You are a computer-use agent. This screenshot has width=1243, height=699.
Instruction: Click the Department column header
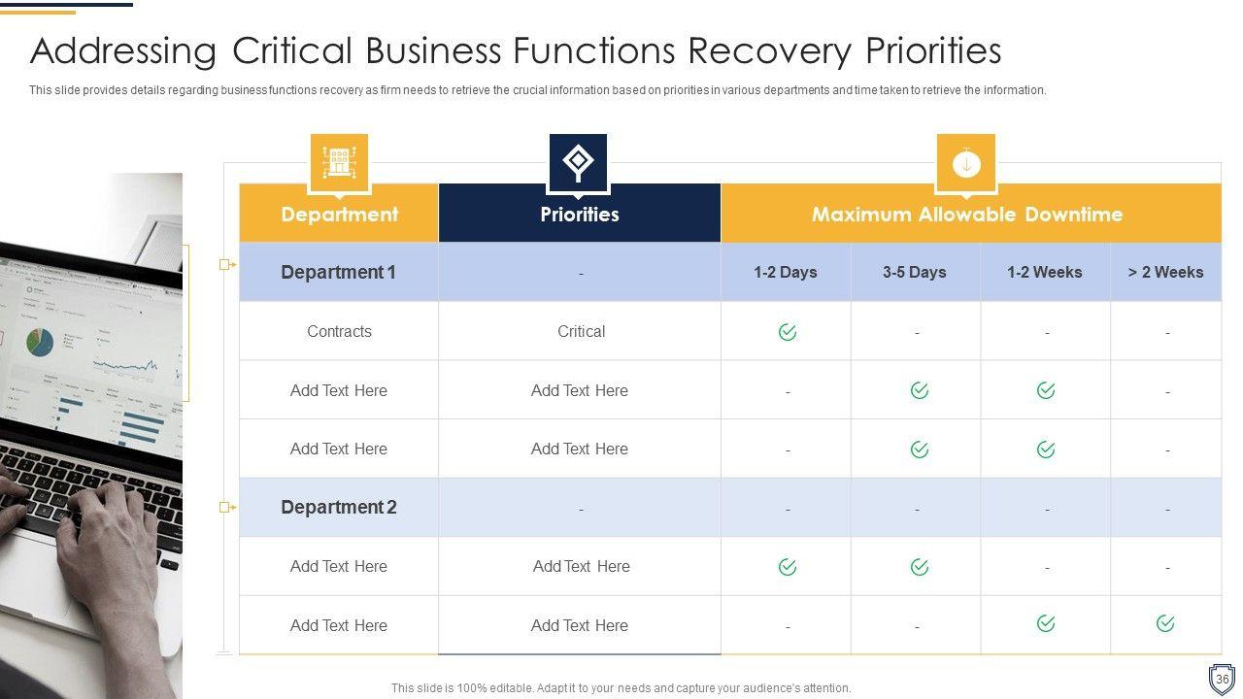[x=339, y=214]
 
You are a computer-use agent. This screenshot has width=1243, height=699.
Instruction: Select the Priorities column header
[x=580, y=214]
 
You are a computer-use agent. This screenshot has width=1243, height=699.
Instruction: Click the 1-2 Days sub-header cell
[x=786, y=272]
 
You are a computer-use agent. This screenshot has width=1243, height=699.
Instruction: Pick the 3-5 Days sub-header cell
[x=915, y=272]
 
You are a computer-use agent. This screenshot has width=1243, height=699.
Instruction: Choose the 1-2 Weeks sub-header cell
[x=1045, y=272]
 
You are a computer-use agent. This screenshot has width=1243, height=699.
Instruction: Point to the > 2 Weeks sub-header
[x=1165, y=272]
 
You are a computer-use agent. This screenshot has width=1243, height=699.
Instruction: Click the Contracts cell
[x=339, y=331]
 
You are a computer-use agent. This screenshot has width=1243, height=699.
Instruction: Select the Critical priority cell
[x=581, y=331]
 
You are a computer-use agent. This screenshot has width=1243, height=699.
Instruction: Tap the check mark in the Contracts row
[x=788, y=332]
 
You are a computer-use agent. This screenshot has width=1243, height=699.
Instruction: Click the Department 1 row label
[x=339, y=272]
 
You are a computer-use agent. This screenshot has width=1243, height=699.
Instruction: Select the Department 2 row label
[x=339, y=507]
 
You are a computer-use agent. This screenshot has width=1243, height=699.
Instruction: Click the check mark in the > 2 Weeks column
[x=1165, y=623]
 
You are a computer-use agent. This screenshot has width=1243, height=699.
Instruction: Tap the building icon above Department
[x=339, y=162]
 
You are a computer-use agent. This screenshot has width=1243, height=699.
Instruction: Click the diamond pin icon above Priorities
[x=578, y=162]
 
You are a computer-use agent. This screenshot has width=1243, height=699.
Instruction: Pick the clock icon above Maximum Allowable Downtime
[x=966, y=163]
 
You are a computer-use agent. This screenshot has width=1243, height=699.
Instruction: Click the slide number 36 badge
[x=1222, y=679]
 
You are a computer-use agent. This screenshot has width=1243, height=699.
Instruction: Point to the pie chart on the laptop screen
[x=40, y=343]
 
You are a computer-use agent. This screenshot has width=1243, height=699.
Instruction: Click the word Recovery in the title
[x=770, y=51]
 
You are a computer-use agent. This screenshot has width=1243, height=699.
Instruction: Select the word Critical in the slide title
[x=292, y=51]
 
